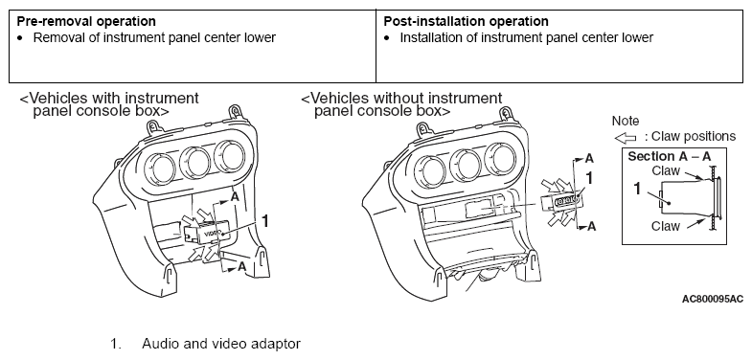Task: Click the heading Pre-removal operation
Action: pyautogui.click(x=86, y=22)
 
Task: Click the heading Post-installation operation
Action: pyautogui.click(x=466, y=22)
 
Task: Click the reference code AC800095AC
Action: pyautogui.click(x=713, y=299)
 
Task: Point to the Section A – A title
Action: pyautogui.click(x=670, y=157)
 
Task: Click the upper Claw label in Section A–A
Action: pyautogui.click(x=666, y=170)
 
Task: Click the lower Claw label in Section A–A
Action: pyautogui.click(x=666, y=226)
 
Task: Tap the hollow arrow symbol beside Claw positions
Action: pyautogui.click(x=626, y=138)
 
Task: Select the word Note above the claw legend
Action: pyautogui.click(x=626, y=121)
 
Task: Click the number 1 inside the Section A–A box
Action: pyautogui.click(x=637, y=189)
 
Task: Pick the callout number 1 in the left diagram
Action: pyautogui.click(x=264, y=221)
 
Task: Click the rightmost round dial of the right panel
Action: pyautogui.click(x=501, y=158)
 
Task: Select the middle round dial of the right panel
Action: pyautogui.click(x=466, y=165)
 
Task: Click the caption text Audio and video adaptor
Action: pyautogui.click(x=221, y=344)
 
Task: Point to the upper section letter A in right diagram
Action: pyautogui.click(x=590, y=158)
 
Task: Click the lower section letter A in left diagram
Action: pyautogui.click(x=242, y=267)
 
